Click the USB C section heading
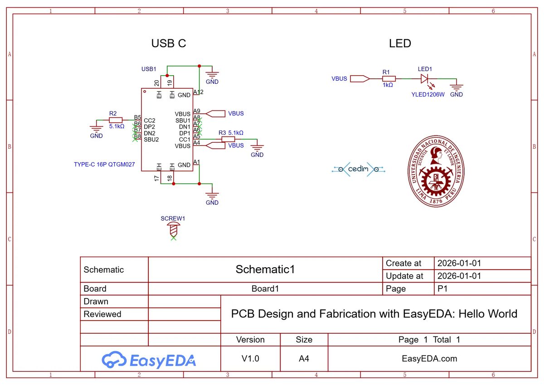click(x=169, y=43)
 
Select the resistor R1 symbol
click(x=389, y=79)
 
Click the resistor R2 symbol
click(x=116, y=120)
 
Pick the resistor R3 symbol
click(x=228, y=139)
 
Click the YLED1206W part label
click(x=428, y=95)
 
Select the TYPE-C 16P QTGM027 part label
click(x=104, y=164)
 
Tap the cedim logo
click(x=359, y=169)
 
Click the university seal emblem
click(x=436, y=171)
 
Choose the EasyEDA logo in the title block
click(x=149, y=360)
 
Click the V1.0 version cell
click(x=250, y=359)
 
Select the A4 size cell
click(x=304, y=359)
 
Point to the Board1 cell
click(x=265, y=289)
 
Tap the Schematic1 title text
click(x=265, y=269)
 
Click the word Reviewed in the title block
click(x=102, y=314)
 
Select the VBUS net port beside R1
click(x=360, y=79)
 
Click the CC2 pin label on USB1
click(x=149, y=120)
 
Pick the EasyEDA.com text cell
click(x=429, y=359)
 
